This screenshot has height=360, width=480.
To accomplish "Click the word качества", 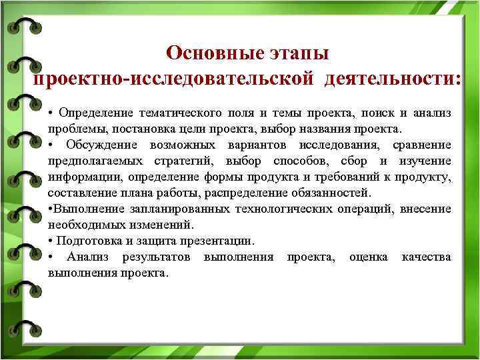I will (x=426, y=257).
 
